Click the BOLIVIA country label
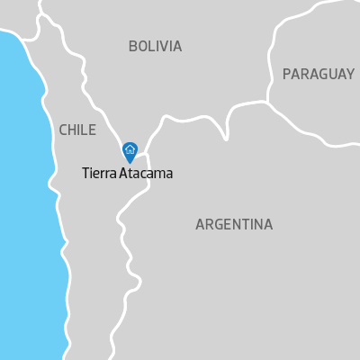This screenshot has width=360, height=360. pyautogui.click(x=155, y=46)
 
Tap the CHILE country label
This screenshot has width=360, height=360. pyautogui.click(x=76, y=130)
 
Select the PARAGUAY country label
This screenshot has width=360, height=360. pyautogui.click(x=318, y=74)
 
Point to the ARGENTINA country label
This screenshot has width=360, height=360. pyautogui.click(x=234, y=224)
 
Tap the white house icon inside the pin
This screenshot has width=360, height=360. pyautogui.click(x=130, y=149)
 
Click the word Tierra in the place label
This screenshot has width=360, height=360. pyautogui.click(x=99, y=174)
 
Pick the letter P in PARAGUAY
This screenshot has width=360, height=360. pyautogui.click(x=287, y=74)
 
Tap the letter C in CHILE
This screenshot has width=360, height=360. pyautogui.click(x=63, y=130)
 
